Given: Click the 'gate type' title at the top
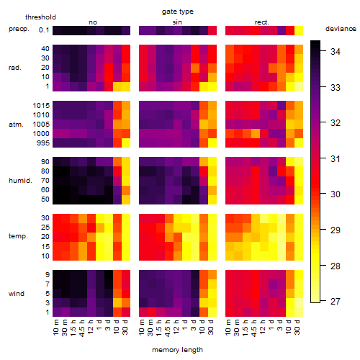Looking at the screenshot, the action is [178, 12].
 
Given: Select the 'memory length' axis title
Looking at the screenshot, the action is [177, 350].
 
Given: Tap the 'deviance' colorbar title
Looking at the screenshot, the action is [341, 29].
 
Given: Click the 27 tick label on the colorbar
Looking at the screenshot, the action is [336, 301].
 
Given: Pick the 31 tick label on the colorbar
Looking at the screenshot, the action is [336, 158].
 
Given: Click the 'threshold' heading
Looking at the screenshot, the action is [40, 17].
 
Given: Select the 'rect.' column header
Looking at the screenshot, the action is [261, 22].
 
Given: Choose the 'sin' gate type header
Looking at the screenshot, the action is [177, 22].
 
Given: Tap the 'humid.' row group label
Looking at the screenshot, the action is [20, 181].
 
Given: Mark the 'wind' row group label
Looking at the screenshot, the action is [17, 294].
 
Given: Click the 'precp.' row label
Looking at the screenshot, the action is [19, 29].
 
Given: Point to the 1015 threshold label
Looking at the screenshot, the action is [41, 106].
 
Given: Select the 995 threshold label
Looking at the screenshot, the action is [43, 143].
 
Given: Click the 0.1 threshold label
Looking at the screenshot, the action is [44, 30].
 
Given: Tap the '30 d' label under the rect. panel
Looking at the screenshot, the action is [297, 327].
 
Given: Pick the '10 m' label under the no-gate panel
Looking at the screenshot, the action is [55, 327].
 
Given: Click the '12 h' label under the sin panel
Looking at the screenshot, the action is [176, 327].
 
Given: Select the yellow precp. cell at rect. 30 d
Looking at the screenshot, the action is [299, 30].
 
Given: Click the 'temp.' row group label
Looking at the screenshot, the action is [18, 236].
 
